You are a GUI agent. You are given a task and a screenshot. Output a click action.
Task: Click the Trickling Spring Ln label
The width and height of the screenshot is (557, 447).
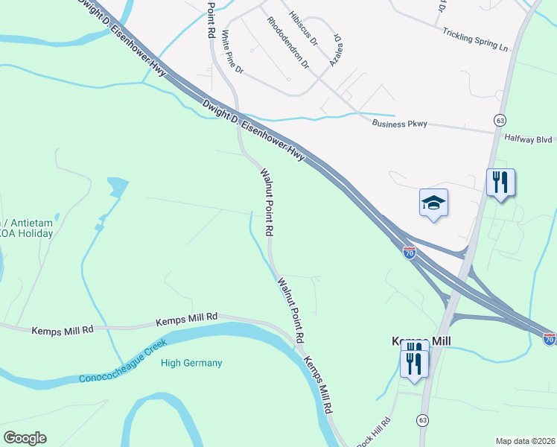click(x=474, y=40)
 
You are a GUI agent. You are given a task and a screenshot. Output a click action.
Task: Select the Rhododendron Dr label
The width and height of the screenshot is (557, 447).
click(x=287, y=42)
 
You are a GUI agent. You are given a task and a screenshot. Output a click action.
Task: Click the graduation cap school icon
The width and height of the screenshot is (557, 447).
click(x=433, y=203)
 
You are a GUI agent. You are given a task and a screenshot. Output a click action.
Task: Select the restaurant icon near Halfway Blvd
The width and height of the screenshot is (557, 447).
click(x=500, y=182)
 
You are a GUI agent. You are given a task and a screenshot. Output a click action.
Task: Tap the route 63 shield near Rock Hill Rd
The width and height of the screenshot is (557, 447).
click(x=423, y=421)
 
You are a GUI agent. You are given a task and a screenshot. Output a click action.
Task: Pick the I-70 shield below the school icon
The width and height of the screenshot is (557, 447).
click(x=410, y=253)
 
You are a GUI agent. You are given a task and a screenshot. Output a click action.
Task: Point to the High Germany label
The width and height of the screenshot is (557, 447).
click(x=191, y=364)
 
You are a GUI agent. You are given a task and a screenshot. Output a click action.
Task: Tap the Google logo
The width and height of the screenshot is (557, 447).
click(x=25, y=438)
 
